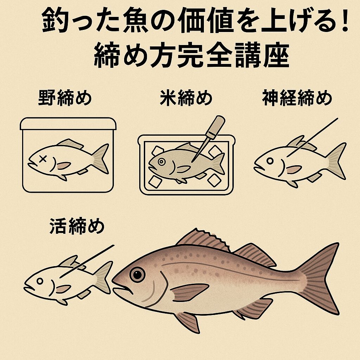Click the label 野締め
pos(65,98)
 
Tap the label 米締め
pos(186,98)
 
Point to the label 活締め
pos(77,226)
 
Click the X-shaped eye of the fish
pos(43,159)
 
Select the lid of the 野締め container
pos(68,124)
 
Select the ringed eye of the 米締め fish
pos(161,162)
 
